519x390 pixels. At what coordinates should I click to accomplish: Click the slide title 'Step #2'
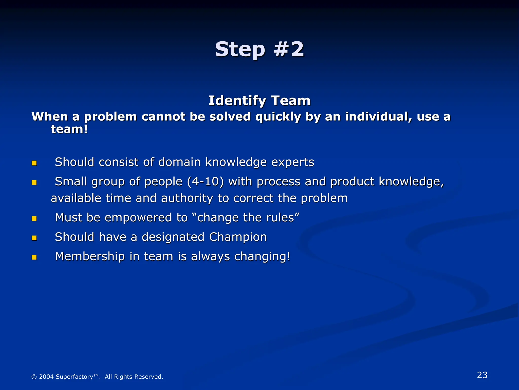click(259, 49)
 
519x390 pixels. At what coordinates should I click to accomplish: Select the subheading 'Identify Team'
click(259, 101)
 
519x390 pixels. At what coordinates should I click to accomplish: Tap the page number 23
click(482, 375)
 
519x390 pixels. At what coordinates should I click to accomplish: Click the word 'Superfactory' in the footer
click(74, 377)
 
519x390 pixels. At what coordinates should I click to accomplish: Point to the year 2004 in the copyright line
click(46, 377)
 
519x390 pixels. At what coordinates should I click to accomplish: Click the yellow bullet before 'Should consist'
click(34, 163)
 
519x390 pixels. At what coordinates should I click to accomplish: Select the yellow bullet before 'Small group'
click(34, 183)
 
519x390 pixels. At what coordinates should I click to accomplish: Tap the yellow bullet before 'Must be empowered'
click(34, 219)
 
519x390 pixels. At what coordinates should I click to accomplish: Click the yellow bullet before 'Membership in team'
click(34, 257)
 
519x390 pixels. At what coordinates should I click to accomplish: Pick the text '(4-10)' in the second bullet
click(205, 182)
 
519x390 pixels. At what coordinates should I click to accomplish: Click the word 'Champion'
click(238, 237)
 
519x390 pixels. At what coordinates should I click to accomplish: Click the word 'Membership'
click(90, 256)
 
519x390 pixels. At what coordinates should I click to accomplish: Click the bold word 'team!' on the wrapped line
click(69, 129)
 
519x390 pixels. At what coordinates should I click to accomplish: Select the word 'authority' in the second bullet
click(187, 198)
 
